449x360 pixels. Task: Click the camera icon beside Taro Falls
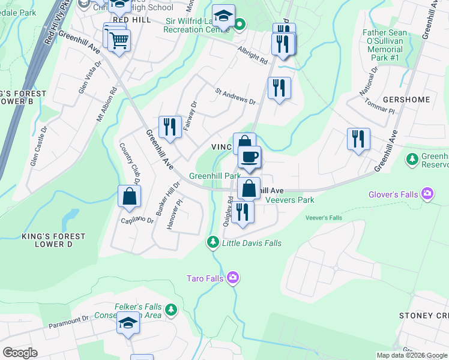click(x=234, y=278)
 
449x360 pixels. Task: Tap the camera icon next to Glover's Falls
click(x=427, y=193)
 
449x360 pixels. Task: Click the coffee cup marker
click(x=249, y=158)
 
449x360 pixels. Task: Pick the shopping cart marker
click(x=119, y=41)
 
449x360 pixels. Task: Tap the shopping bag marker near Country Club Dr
click(x=129, y=196)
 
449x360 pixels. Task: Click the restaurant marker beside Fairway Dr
click(x=170, y=127)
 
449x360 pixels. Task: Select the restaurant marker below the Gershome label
click(x=358, y=139)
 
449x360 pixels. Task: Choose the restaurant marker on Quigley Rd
click(x=243, y=212)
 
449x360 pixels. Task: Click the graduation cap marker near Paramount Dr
click(x=128, y=323)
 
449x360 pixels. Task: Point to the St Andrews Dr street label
click(x=235, y=96)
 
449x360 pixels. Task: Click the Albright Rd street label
click(x=252, y=56)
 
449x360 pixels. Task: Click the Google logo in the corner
click(x=20, y=353)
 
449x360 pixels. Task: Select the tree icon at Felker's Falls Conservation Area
click(x=172, y=310)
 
